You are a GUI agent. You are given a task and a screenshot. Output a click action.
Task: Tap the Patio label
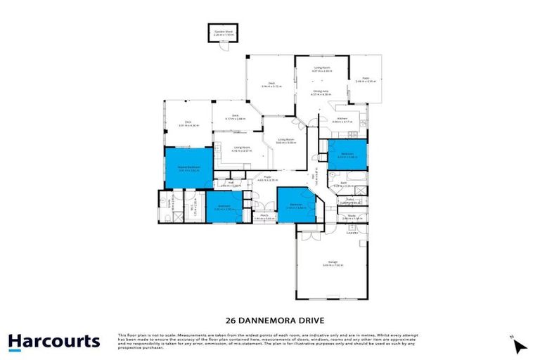pos(366,79)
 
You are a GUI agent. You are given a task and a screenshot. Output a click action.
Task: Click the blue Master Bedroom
pos(188,168)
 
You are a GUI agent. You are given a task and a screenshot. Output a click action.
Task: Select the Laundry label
pos(349,233)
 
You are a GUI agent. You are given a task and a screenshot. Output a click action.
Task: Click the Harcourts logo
pos(54,342)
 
